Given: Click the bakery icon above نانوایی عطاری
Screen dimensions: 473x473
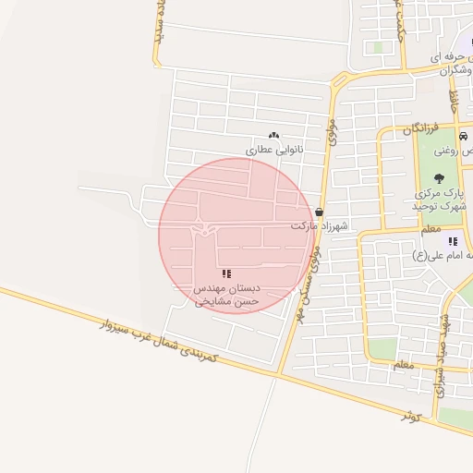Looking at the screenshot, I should click(x=273, y=136).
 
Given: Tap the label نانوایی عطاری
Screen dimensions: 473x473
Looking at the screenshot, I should click(x=273, y=149).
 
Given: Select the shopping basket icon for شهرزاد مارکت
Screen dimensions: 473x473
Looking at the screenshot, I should click(x=320, y=212).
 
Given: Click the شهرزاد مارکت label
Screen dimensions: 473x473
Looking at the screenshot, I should click(x=317, y=225).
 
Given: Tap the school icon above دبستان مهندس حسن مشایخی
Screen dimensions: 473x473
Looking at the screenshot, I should click(x=226, y=274).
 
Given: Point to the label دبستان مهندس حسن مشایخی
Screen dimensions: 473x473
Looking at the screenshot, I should click(x=226, y=295).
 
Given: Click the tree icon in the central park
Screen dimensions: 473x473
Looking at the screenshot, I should click(x=439, y=178).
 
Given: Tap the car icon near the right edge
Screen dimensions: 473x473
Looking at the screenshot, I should click(x=464, y=135).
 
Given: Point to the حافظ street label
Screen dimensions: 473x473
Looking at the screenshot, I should click(x=454, y=97).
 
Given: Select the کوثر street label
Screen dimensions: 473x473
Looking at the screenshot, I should click(x=410, y=416).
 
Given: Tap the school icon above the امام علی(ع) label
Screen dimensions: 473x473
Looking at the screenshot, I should click(x=453, y=241).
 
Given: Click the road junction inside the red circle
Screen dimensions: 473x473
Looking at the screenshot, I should click(x=205, y=226).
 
